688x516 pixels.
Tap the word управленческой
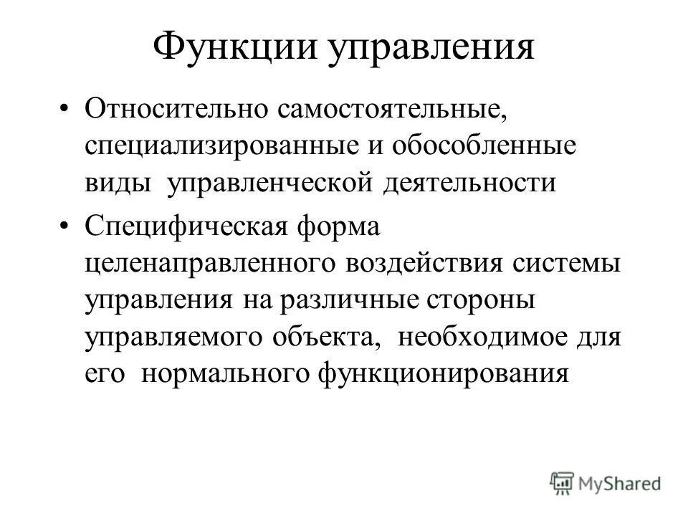pyautogui.click(x=271, y=183)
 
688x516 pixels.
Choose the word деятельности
pyautogui.click(x=469, y=183)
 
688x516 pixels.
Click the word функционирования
pyautogui.click(x=442, y=373)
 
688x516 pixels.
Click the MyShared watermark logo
pyautogui.click(x=605, y=482)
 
